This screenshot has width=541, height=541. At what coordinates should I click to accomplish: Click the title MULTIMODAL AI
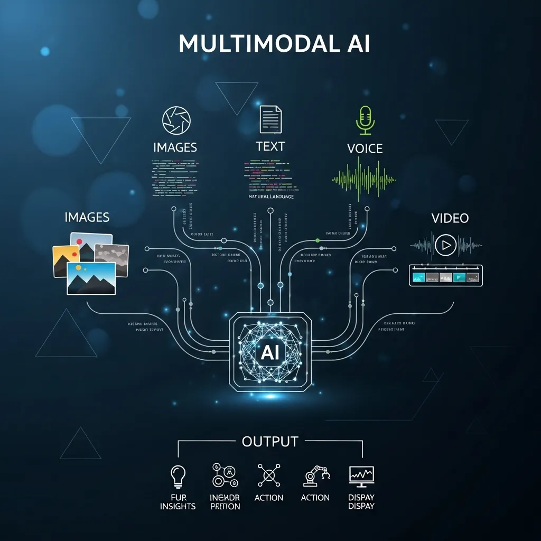(x=274, y=44)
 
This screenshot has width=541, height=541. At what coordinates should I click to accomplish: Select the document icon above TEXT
(x=270, y=119)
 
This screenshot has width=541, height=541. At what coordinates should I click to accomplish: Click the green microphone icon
(x=365, y=119)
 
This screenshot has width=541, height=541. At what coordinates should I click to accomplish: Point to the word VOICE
(x=365, y=148)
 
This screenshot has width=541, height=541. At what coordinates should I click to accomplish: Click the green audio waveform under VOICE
(x=364, y=180)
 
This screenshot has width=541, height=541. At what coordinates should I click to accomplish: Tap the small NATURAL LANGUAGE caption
(x=270, y=197)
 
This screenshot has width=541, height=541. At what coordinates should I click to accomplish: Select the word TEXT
(x=270, y=146)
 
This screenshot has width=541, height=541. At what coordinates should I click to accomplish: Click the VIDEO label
(x=450, y=218)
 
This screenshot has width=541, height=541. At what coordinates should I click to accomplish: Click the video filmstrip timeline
(x=446, y=276)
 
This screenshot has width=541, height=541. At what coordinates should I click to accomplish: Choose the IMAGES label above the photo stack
(x=87, y=217)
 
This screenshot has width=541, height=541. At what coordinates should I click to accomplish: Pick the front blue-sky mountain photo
(x=91, y=278)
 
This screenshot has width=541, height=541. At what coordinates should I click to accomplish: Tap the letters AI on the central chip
(x=270, y=352)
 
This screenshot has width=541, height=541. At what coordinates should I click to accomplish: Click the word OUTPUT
(x=270, y=441)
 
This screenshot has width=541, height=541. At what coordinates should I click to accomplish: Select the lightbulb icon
(x=179, y=475)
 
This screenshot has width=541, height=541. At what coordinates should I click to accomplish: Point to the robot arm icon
(x=315, y=475)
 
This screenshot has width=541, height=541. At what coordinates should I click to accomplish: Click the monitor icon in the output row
(x=361, y=476)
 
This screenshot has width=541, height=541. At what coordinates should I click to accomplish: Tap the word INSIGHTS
(x=179, y=506)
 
